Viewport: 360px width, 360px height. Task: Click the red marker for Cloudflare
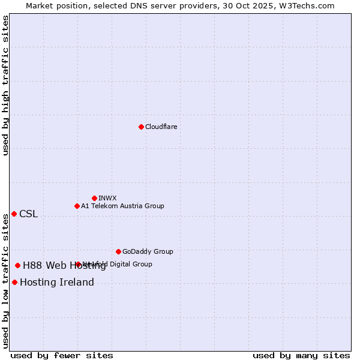pos(141,127)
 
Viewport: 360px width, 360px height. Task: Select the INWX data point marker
pos(94,198)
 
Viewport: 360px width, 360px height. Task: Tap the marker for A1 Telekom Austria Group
pos(77,206)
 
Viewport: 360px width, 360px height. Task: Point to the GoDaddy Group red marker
pos(118,251)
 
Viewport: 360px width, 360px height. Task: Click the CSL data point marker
pos(14,214)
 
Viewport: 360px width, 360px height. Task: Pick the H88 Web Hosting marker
pos(17,265)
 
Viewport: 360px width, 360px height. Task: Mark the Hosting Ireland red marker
pos(14,282)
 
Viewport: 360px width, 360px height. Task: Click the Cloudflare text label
pos(161,127)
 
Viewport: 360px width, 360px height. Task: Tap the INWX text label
pos(107,198)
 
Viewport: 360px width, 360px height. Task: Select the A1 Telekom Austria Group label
pos(122,206)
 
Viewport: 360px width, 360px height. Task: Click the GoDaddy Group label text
pos(148,251)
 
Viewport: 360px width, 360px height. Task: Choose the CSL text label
pos(28,214)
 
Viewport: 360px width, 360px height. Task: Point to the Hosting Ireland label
pos(56,283)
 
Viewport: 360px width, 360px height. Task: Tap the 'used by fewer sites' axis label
pos(62,355)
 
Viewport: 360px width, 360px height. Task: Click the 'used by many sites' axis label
pos(301,355)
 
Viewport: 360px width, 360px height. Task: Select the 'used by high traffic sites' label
pos(5,85)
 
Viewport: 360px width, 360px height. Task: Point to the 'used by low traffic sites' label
pos(5,281)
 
